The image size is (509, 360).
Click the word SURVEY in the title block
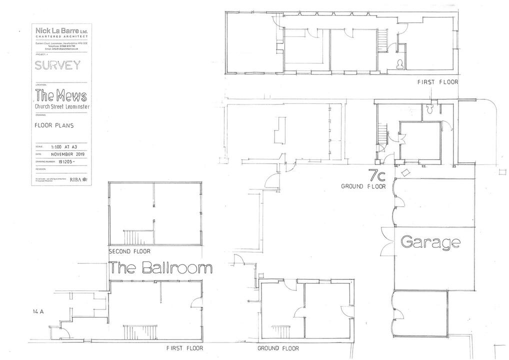[x=57, y=65]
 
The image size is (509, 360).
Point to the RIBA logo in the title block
[x=78, y=178]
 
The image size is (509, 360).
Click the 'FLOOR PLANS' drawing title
[x=54, y=125]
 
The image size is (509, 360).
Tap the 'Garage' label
[x=430, y=242]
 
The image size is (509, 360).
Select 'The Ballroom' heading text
[x=161, y=268]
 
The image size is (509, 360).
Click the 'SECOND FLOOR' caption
[x=129, y=251]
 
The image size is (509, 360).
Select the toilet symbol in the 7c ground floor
[x=429, y=107]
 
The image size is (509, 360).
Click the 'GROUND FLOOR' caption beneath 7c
[x=363, y=186]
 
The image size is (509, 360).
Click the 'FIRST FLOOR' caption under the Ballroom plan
[x=184, y=348]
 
